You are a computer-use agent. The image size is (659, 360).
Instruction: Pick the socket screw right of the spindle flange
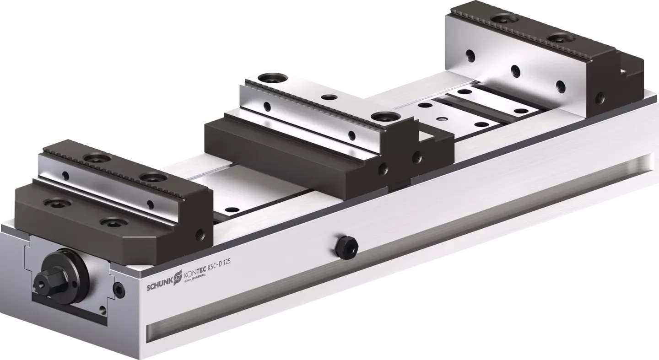(x=119, y=289)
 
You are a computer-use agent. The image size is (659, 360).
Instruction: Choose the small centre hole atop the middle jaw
(x=328, y=97)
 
